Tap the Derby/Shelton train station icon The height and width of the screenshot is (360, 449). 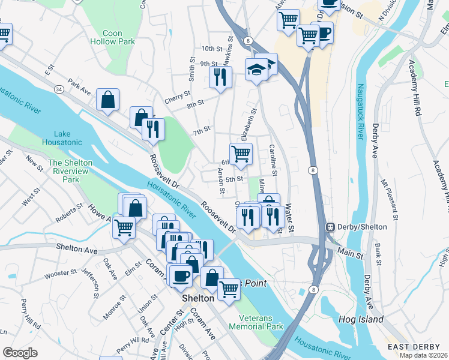tap(330, 227)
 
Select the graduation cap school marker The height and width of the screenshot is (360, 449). tap(256, 70)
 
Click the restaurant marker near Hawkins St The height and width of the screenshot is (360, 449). tap(220, 77)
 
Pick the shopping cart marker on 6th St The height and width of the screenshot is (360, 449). tap(241, 154)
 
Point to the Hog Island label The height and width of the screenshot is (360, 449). tap(360, 319)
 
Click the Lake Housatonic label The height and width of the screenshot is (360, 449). tap(62, 138)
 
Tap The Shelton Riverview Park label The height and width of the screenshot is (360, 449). tap(71, 171)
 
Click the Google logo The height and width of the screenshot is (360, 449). tap(20, 353)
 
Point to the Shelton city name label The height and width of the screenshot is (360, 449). tap(199, 298)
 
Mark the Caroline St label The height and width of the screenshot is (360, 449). tap(272, 160)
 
